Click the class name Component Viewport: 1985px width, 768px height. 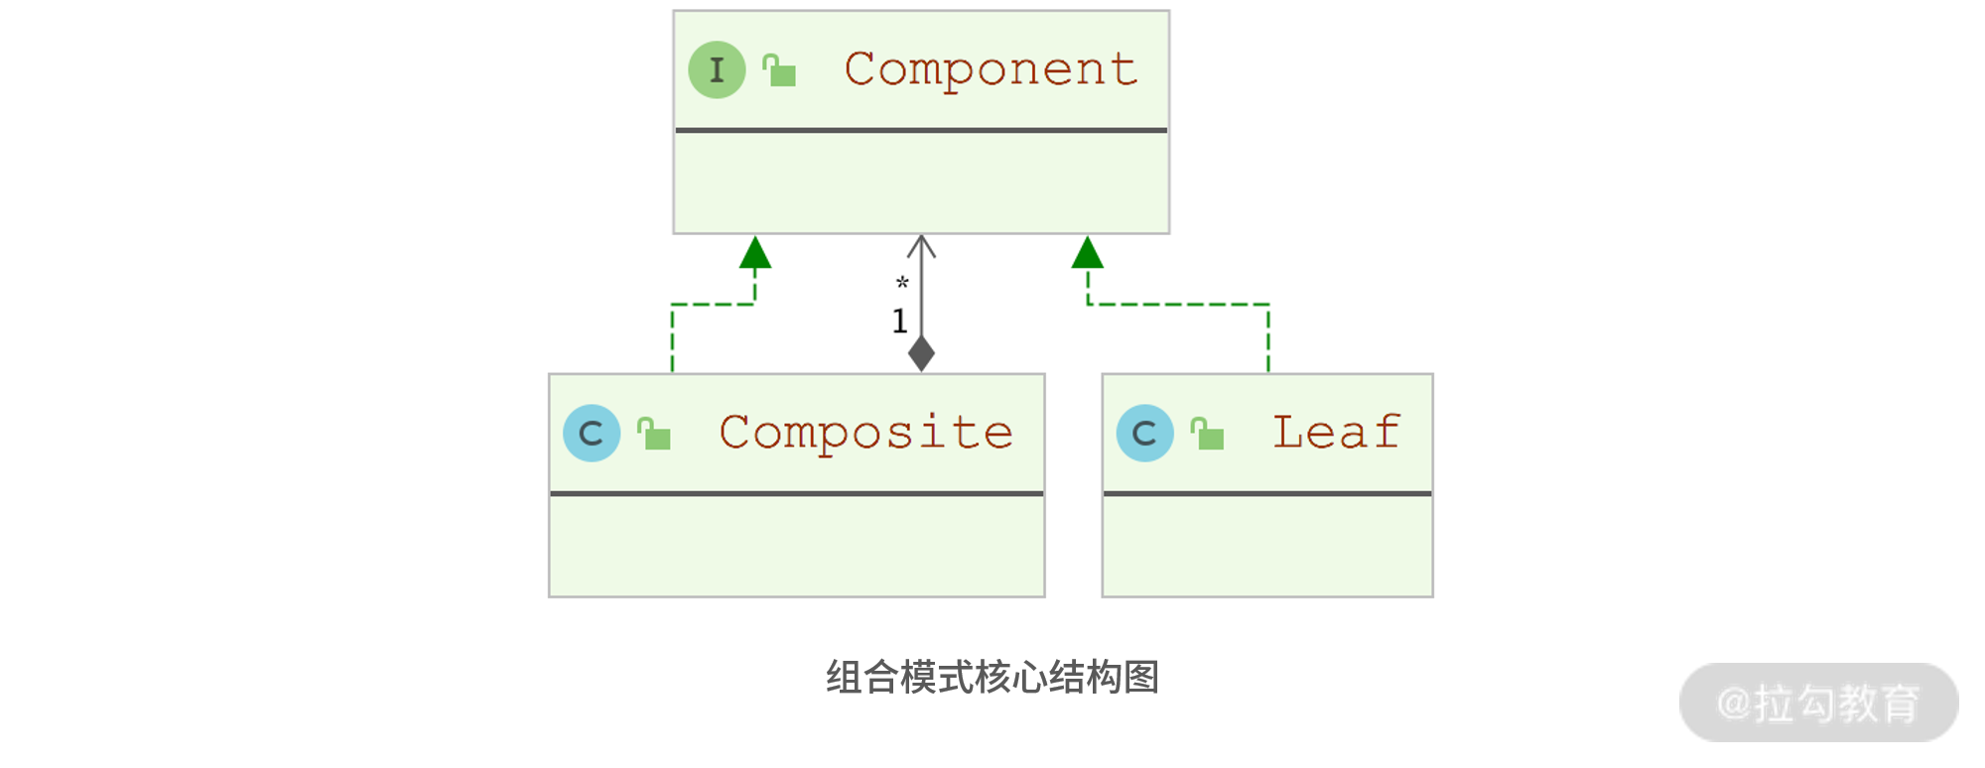point(991,69)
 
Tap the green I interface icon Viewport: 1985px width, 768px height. point(717,69)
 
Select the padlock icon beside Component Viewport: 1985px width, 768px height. point(780,71)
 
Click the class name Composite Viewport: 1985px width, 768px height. point(865,434)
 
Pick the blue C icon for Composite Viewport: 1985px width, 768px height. point(592,433)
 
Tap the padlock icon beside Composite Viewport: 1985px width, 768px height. point(654,435)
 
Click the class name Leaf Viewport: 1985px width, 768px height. point(1336,433)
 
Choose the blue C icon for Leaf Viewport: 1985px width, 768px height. point(1144,433)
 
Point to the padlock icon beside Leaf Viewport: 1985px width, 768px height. point(1208,435)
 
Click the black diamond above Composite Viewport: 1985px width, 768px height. point(921,353)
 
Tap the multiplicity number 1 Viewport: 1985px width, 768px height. point(899,321)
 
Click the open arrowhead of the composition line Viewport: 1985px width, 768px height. point(921,245)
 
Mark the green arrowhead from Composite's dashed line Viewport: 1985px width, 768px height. point(755,253)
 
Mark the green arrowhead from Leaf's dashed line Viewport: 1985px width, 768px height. point(1088,253)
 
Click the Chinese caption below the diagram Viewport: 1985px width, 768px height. point(992,678)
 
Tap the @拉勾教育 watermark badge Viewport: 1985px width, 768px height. point(1818,703)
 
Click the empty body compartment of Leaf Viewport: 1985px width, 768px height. point(1267,546)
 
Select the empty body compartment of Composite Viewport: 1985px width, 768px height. point(796,546)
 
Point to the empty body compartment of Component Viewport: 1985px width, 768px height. point(921,183)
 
